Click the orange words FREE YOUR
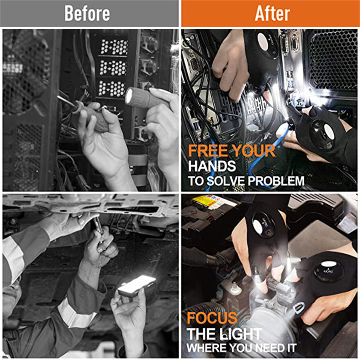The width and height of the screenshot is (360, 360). point(231,151)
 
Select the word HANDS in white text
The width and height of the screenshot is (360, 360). point(212,166)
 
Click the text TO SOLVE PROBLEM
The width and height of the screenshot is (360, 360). point(246,181)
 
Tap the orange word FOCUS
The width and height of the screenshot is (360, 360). point(212,319)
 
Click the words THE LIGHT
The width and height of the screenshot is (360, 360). point(225,334)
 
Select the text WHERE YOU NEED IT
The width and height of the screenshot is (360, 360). point(242,348)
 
